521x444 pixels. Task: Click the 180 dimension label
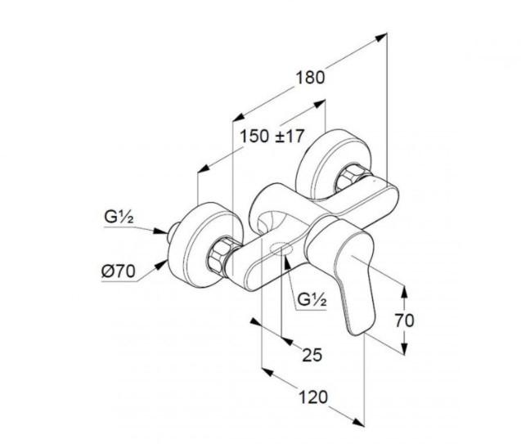point(310,78)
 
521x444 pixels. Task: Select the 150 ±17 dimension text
point(272,136)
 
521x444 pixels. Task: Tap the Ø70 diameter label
point(119,271)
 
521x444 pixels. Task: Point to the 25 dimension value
point(312,355)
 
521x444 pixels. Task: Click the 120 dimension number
point(313,397)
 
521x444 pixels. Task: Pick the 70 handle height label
point(404,321)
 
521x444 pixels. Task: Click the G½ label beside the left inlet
point(119,218)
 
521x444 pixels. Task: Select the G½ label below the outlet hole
point(312,300)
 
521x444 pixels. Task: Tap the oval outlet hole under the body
point(281,249)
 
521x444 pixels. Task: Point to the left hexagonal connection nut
point(220,256)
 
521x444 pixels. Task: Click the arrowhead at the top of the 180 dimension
point(381,37)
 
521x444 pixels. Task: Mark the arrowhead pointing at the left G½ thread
point(159,231)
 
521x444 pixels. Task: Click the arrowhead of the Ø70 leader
point(162,265)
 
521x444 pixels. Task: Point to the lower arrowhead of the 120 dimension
point(358,422)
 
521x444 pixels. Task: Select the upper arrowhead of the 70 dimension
point(404,292)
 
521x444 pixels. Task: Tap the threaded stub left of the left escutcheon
point(172,233)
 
